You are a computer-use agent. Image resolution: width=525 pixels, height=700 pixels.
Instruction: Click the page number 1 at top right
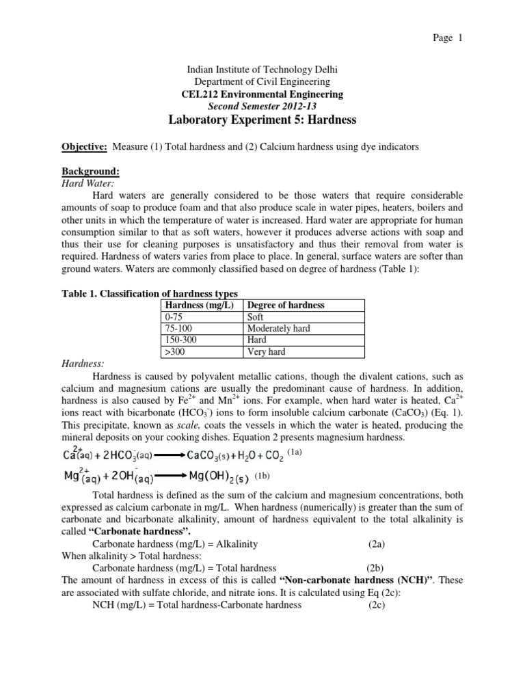coord(461,38)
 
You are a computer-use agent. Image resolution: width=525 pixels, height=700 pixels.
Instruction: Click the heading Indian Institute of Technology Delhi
coord(262,70)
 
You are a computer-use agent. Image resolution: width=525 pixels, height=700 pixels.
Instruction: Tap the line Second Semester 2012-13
coord(262,107)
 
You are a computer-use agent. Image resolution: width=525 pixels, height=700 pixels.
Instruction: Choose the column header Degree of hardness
coord(286,305)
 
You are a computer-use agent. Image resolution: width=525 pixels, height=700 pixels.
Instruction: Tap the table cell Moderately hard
coord(278,329)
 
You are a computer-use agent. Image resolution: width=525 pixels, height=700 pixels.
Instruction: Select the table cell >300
coord(176,352)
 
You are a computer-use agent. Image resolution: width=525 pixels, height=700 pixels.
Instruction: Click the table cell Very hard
coord(266,352)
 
